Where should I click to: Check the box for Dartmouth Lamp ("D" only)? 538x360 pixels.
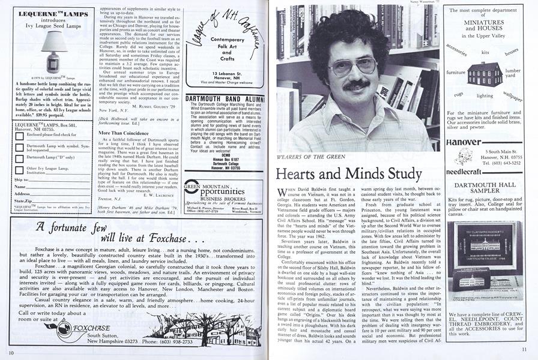[x=19, y=157]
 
